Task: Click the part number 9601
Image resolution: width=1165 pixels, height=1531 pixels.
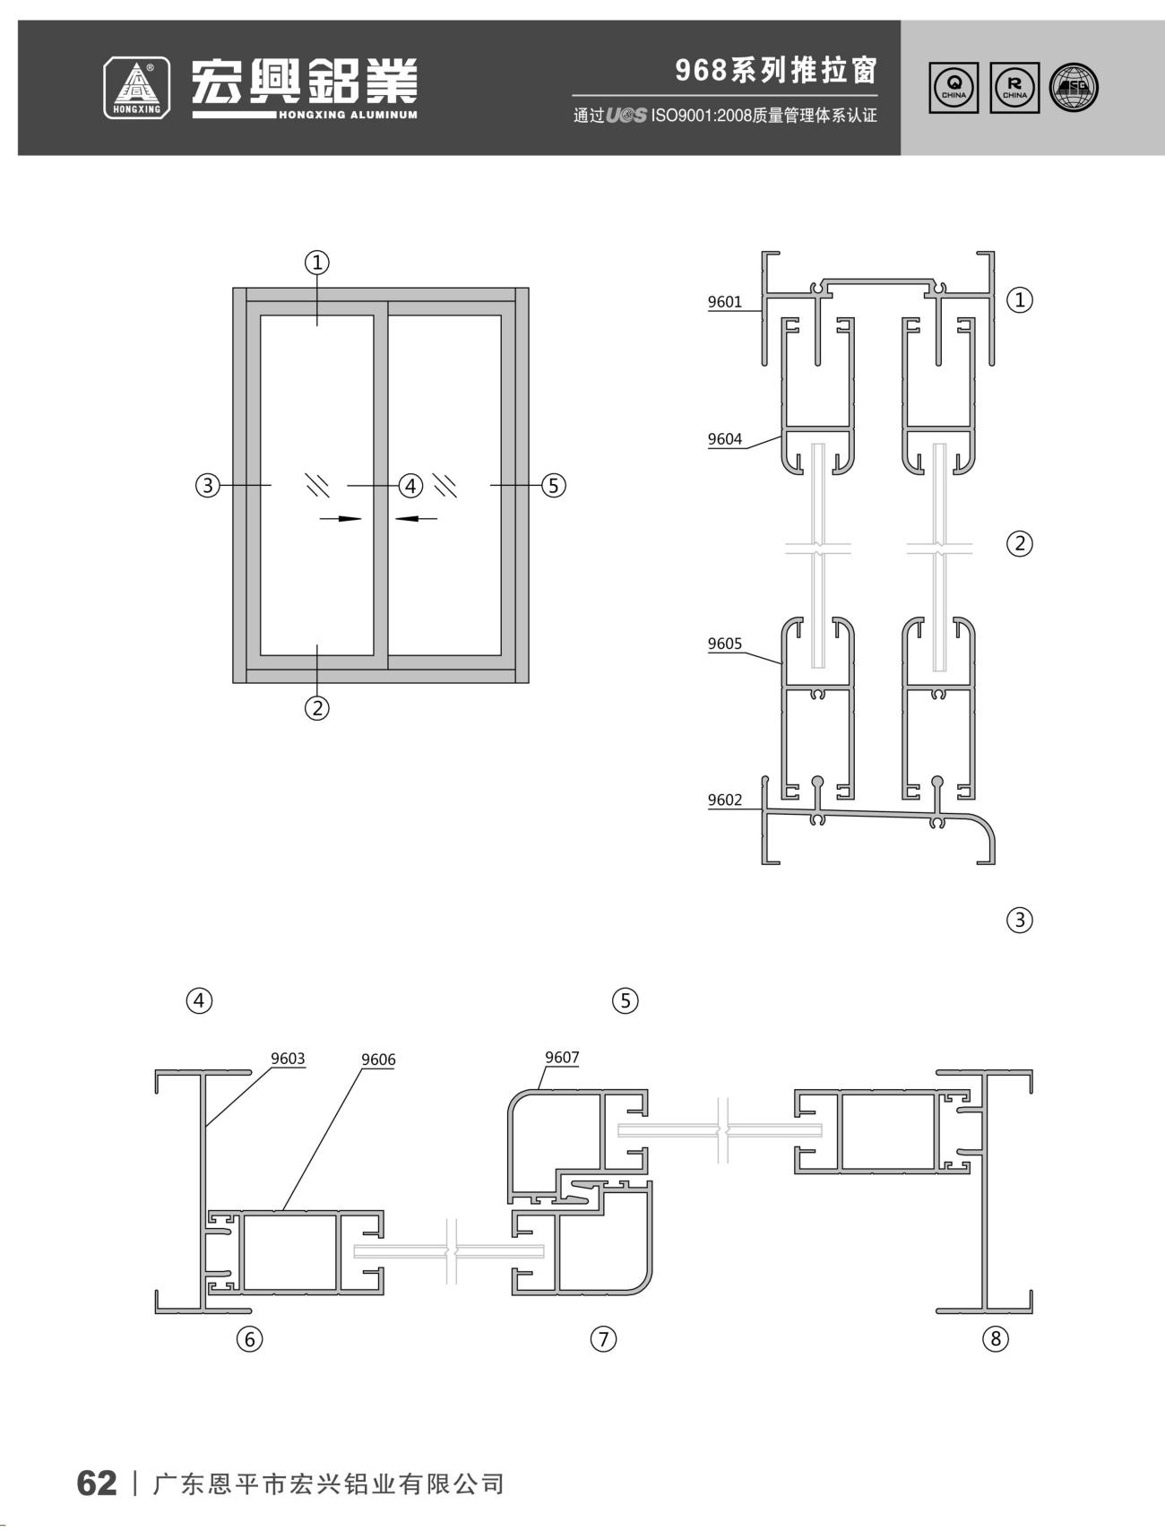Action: point(725,301)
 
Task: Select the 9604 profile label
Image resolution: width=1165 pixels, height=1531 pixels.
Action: point(725,438)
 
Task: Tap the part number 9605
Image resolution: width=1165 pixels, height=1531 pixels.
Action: point(725,643)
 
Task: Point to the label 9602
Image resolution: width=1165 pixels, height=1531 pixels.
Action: point(725,800)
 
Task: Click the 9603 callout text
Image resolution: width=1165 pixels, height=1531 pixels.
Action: point(289,1059)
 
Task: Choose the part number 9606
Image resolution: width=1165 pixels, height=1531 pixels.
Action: point(378,1060)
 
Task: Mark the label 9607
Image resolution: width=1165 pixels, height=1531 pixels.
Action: point(562,1058)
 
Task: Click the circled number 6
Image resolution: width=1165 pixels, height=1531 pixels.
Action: point(249,1339)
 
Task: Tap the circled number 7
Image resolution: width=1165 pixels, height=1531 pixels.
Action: point(604,1339)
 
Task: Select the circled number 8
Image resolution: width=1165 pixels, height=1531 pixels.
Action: point(996,1339)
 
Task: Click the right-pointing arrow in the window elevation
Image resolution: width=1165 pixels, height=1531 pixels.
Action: point(341,518)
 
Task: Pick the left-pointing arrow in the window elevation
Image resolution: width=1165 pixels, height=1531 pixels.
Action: point(416,517)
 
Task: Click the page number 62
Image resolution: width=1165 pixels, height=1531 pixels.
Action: point(97,1483)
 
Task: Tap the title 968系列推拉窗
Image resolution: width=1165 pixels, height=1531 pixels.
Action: point(776,70)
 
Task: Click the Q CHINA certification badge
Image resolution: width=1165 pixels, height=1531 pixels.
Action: point(954,88)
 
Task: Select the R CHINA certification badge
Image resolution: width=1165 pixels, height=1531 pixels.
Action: point(1015,88)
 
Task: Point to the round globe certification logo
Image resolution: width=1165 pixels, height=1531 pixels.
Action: point(1074,88)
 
